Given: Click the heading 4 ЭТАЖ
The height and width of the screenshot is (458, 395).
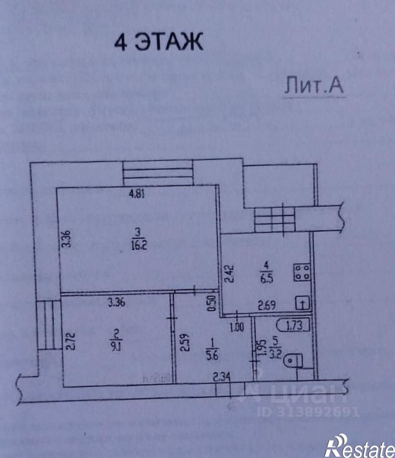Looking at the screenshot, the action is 157,42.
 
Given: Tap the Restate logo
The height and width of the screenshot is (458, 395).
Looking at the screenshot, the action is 359,445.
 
